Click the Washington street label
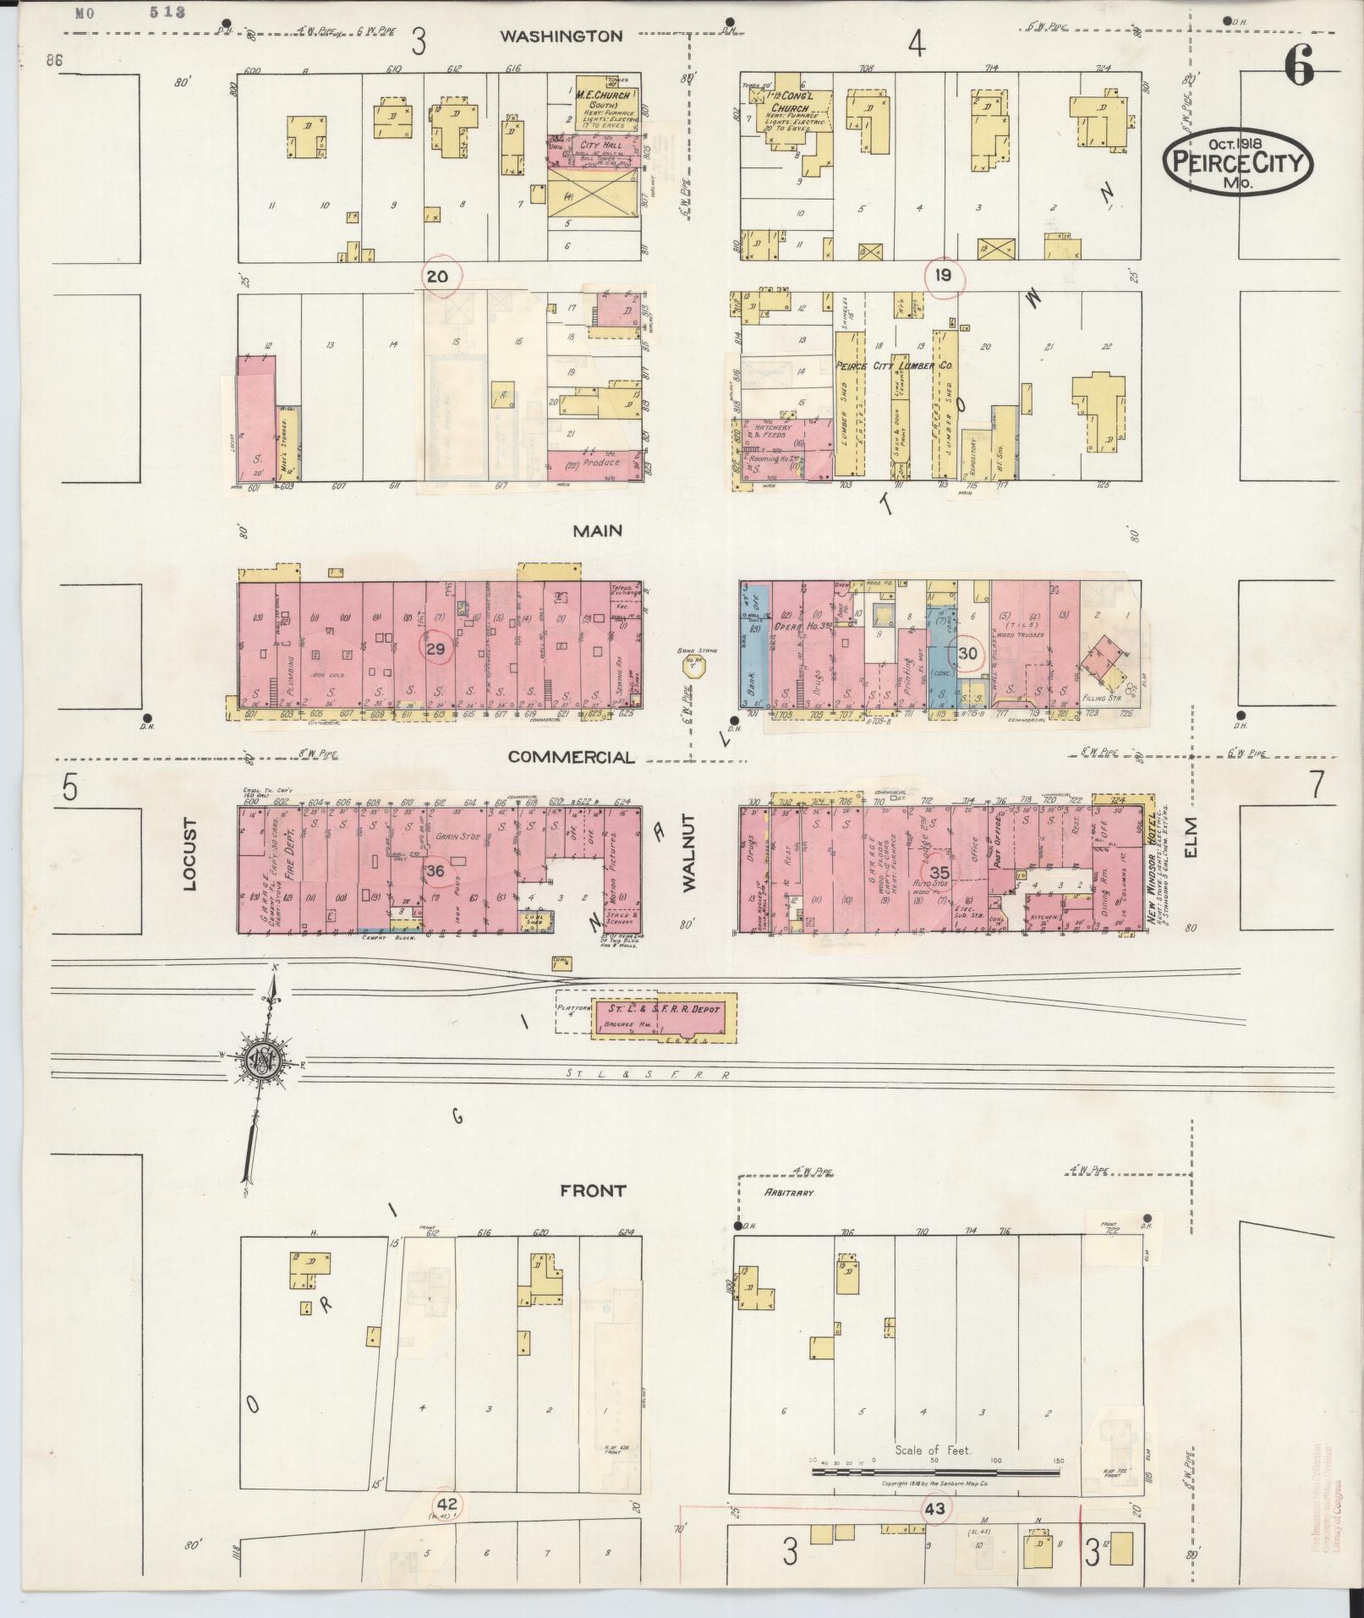pyautogui.click(x=561, y=36)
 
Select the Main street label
pyautogui.click(x=597, y=530)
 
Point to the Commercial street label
pyautogui.click(x=570, y=757)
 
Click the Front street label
pyautogui.click(x=594, y=1190)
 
